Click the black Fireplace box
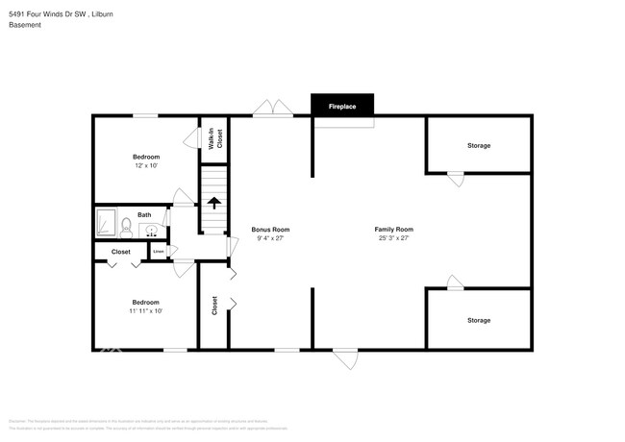click(x=342, y=106)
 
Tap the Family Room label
click(x=393, y=230)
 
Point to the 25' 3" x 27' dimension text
click(x=393, y=238)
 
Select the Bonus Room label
click(x=270, y=230)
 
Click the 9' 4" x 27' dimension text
click(x=270, y=238)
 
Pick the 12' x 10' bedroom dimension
click(x=146, y=165)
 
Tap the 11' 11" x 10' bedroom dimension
click(x=146, y=310)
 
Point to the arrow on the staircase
click(x=213, y=203)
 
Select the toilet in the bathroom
click(x=125, y=228)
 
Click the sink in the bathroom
click(x=152, y=230)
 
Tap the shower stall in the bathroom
click(x=104, y=224)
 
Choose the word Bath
click(x=144, y=215)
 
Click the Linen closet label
click(x=159, y=252)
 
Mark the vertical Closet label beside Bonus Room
click(x=214, y=306)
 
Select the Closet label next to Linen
click(x=120, y=252)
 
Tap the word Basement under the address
click(x=25, y=25)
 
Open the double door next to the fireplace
click(x=273, y=109)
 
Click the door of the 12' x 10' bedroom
click(x=181, y=197)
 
